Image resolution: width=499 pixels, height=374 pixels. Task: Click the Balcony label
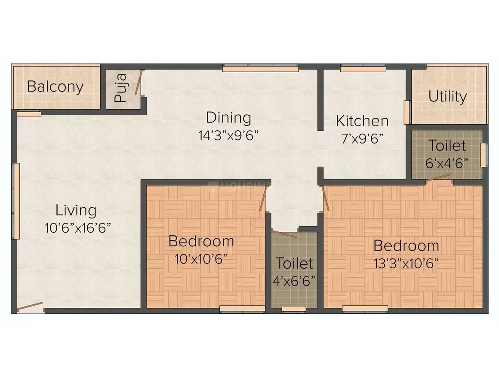55,87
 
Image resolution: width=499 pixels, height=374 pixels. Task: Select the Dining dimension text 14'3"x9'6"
228,135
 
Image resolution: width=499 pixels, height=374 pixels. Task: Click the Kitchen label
362,121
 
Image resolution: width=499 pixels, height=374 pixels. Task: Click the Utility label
447,97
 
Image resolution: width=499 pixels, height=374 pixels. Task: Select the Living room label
76,211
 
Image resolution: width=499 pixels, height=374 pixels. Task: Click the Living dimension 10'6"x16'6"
78,227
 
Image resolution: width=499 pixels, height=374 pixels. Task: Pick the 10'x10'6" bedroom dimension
201,259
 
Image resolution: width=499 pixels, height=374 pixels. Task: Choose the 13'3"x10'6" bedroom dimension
406,264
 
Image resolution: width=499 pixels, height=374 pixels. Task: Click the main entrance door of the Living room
30,307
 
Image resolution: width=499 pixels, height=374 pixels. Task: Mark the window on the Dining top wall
260,68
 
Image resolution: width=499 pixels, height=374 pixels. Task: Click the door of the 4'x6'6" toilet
284,234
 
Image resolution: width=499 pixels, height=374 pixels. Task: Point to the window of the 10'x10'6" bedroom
242,308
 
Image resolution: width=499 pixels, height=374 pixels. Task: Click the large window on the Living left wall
16,200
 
